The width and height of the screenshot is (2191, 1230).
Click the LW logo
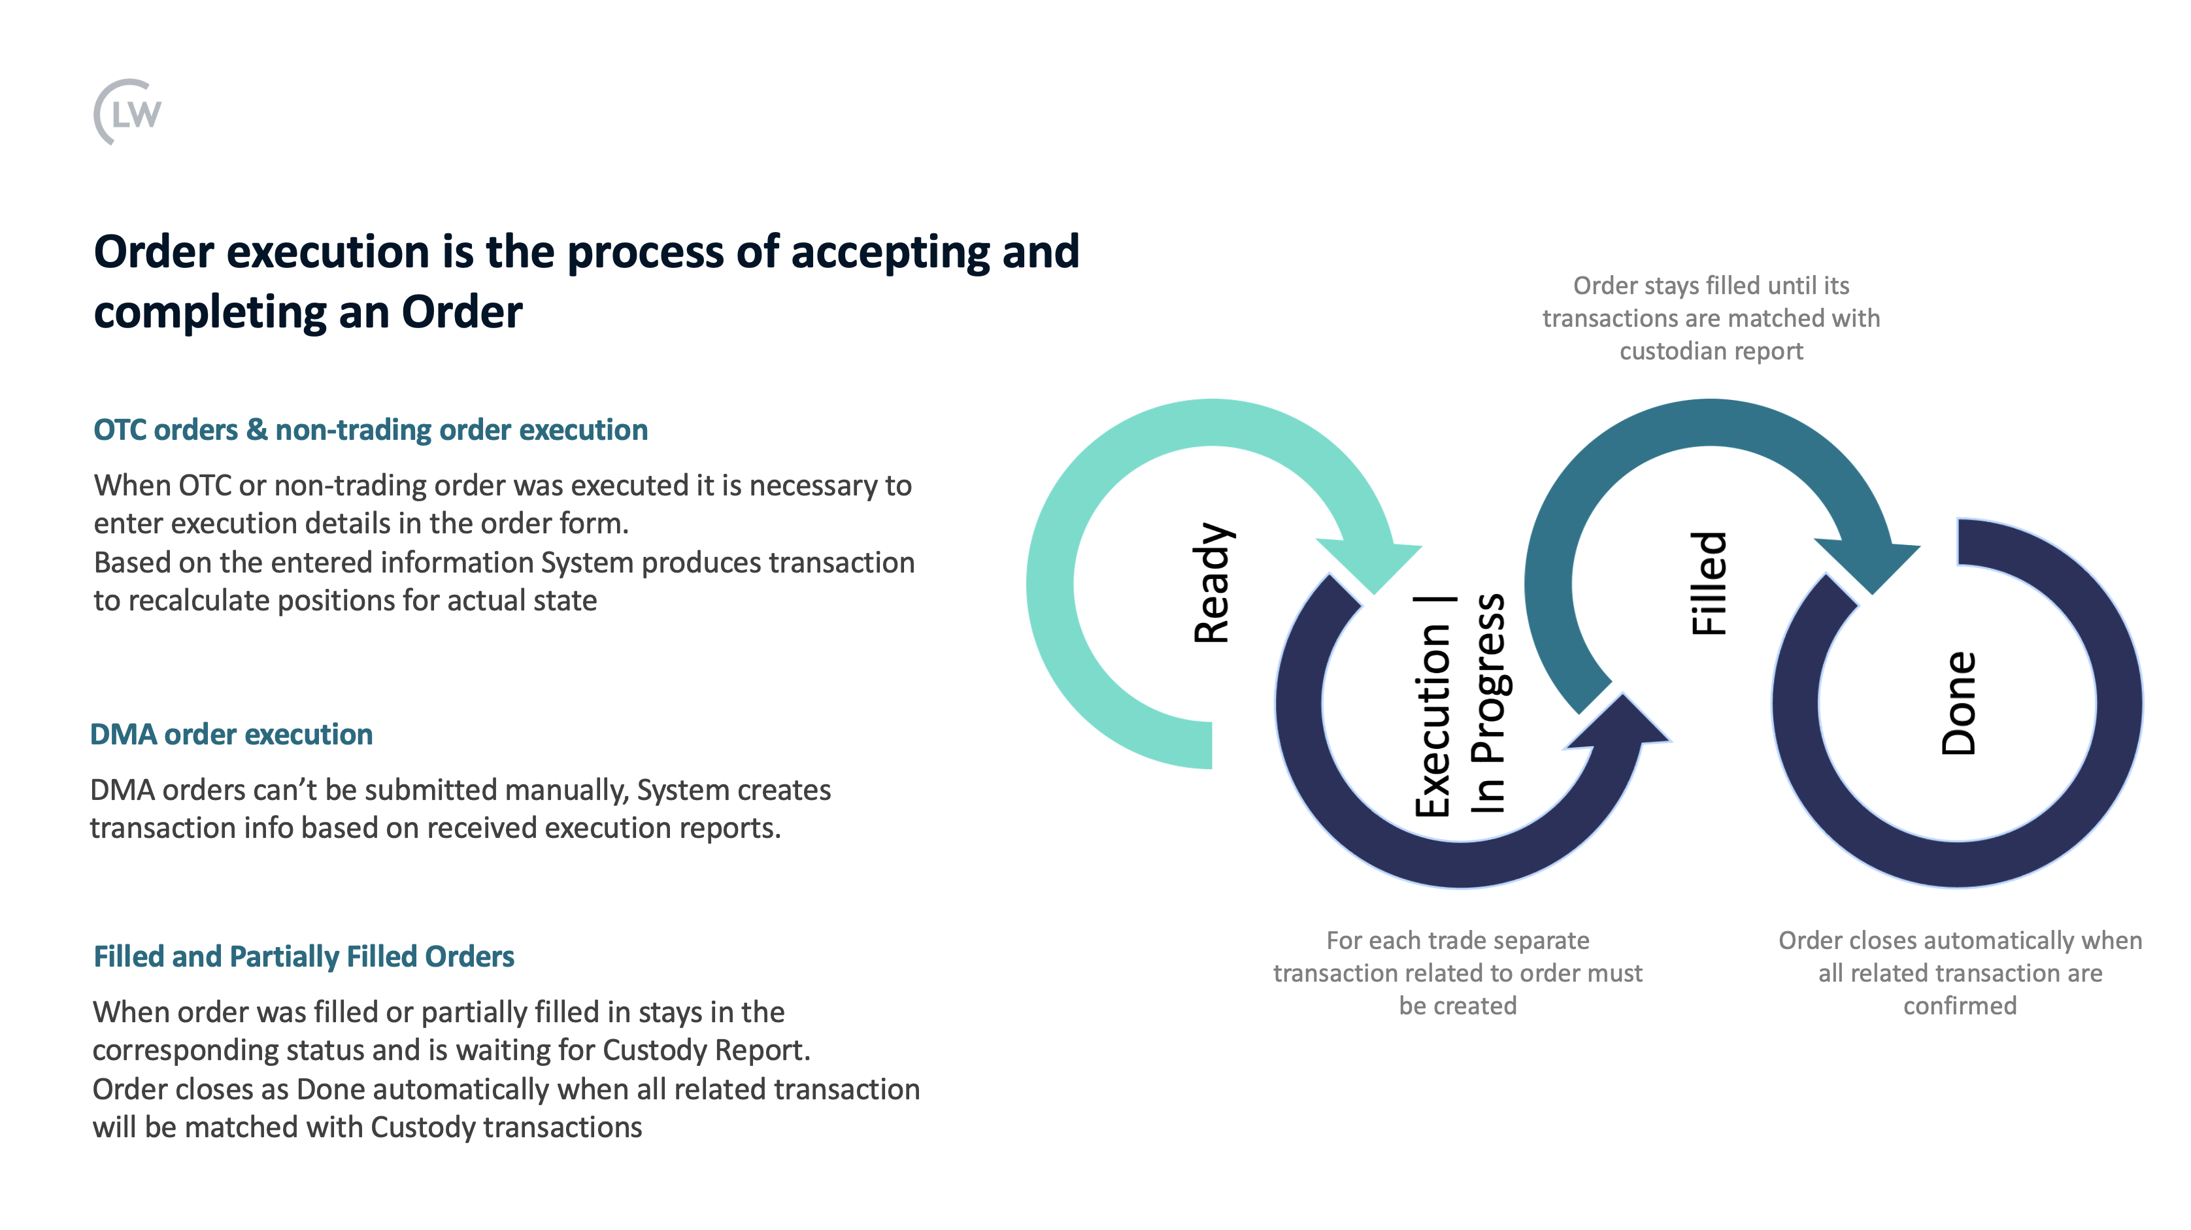click(127, 112)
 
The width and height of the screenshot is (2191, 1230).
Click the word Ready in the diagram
click(1212, 583)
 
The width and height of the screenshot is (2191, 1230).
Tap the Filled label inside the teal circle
click(1709, 584)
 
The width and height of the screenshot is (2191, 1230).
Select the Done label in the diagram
click(1958, 703)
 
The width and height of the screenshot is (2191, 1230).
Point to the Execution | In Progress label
click(1459, 705)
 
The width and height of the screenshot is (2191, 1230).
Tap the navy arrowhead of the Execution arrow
click(1620, 723)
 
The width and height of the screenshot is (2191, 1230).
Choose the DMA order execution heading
click(231, 734)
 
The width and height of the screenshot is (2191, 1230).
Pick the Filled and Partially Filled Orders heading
click(304, 957)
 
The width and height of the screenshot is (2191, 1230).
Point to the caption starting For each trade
click(1458, 973)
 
